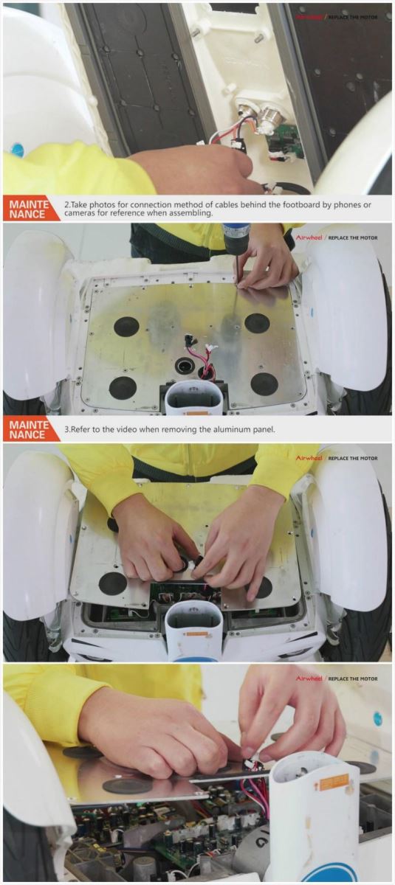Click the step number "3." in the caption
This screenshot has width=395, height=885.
[x=67, y=429]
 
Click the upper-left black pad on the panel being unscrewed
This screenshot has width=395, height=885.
[x=126, y=326]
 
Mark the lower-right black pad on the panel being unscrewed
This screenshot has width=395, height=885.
[x=264, y=383]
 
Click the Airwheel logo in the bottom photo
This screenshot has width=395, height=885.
[x=309, y=678]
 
